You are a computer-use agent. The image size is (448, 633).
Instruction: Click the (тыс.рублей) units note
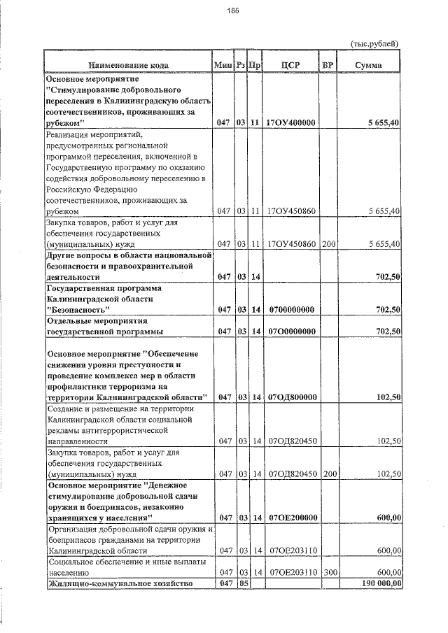tap(374, 43)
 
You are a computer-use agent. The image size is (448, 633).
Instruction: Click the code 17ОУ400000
tap(291, 122)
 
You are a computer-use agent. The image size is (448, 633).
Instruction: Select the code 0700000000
tap(291, 310)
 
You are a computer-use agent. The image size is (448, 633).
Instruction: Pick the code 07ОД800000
tap(291, 397)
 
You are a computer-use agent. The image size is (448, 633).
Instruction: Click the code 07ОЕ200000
tap(291, 518)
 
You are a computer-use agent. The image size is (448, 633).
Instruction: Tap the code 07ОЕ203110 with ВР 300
tap(291, 572)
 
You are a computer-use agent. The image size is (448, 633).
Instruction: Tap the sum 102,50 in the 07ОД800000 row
tap(387, 397)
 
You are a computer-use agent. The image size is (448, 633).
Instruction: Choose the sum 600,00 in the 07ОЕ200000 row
tap(387, 518)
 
